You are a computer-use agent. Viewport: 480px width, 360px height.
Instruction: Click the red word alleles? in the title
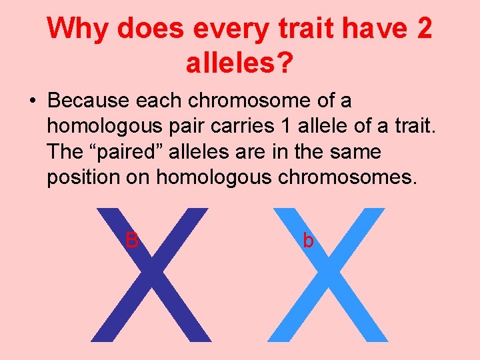coord(241,64)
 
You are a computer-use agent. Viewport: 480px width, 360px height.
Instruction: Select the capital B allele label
coord(132,240)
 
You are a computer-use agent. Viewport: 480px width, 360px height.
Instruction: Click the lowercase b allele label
coord(308,240)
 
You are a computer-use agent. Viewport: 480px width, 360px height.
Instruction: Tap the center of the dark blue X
coord(150,275)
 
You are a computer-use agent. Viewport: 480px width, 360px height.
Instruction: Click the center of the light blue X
coord(329,275)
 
